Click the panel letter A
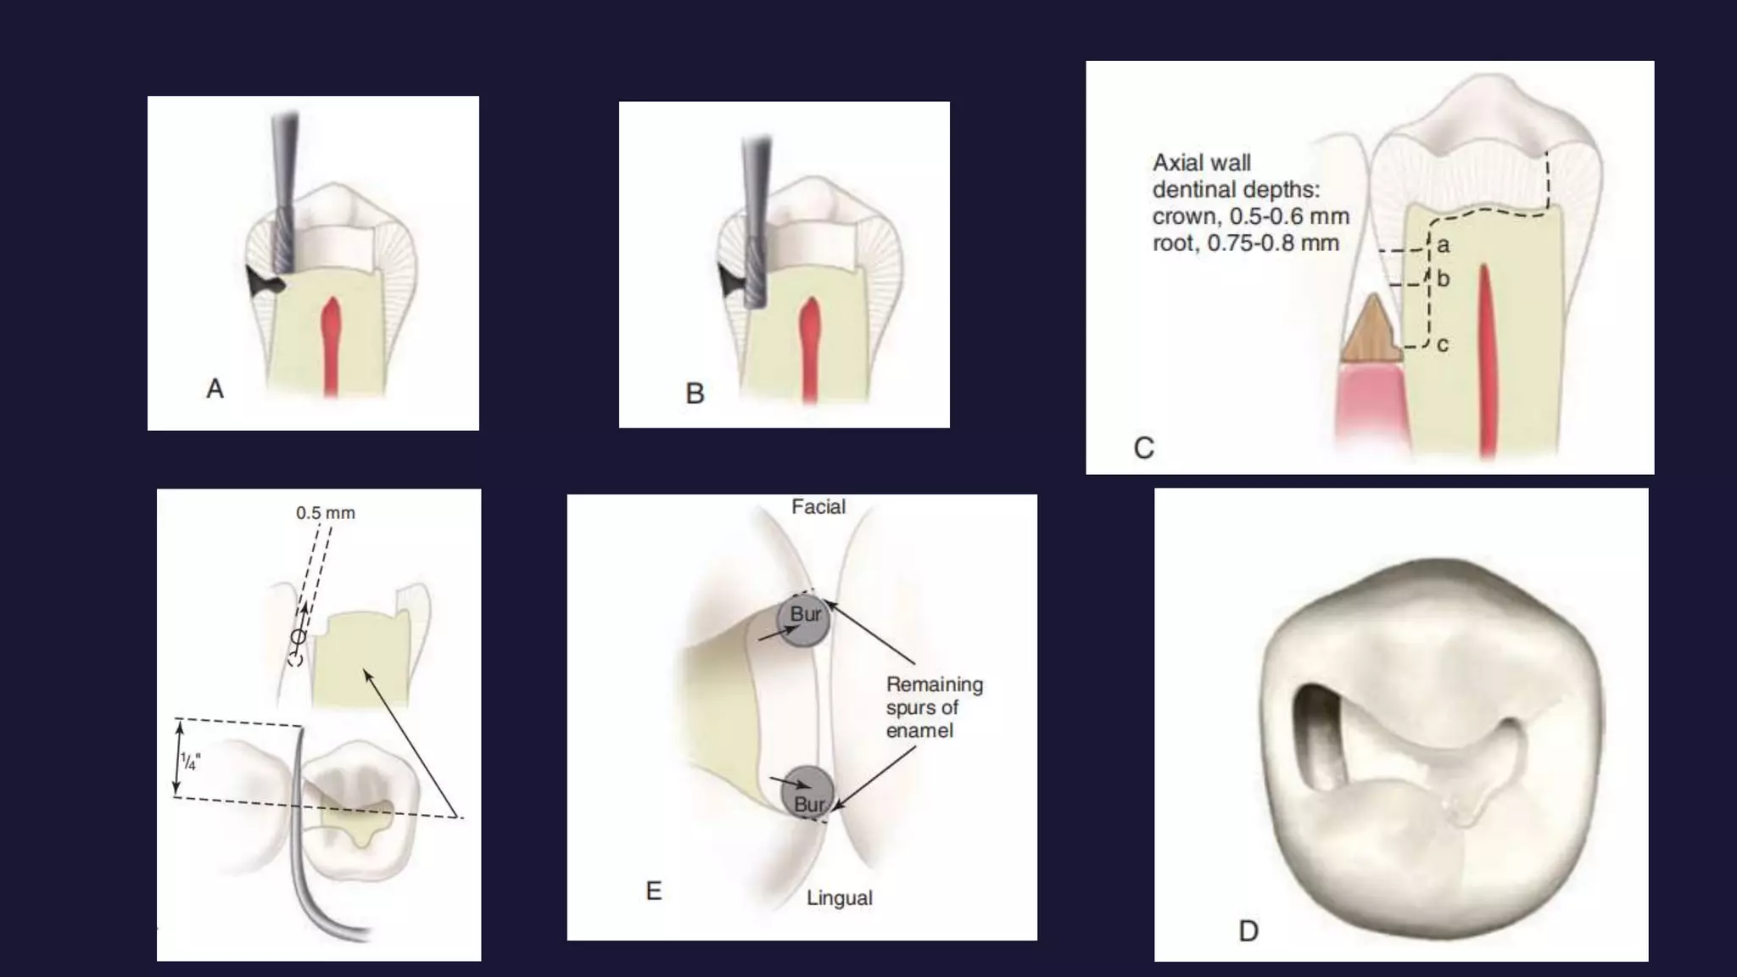215,388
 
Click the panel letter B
695,394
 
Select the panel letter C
1143,448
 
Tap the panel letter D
1248,931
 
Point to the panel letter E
653,890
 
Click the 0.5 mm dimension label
326,513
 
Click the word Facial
818,507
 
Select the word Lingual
839,898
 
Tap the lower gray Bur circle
807,793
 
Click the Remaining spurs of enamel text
934,707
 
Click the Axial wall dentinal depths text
1249,203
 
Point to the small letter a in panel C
1444,246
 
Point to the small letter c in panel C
1443,345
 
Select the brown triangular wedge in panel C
1371,332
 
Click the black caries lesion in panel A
262,282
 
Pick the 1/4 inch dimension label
190,761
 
